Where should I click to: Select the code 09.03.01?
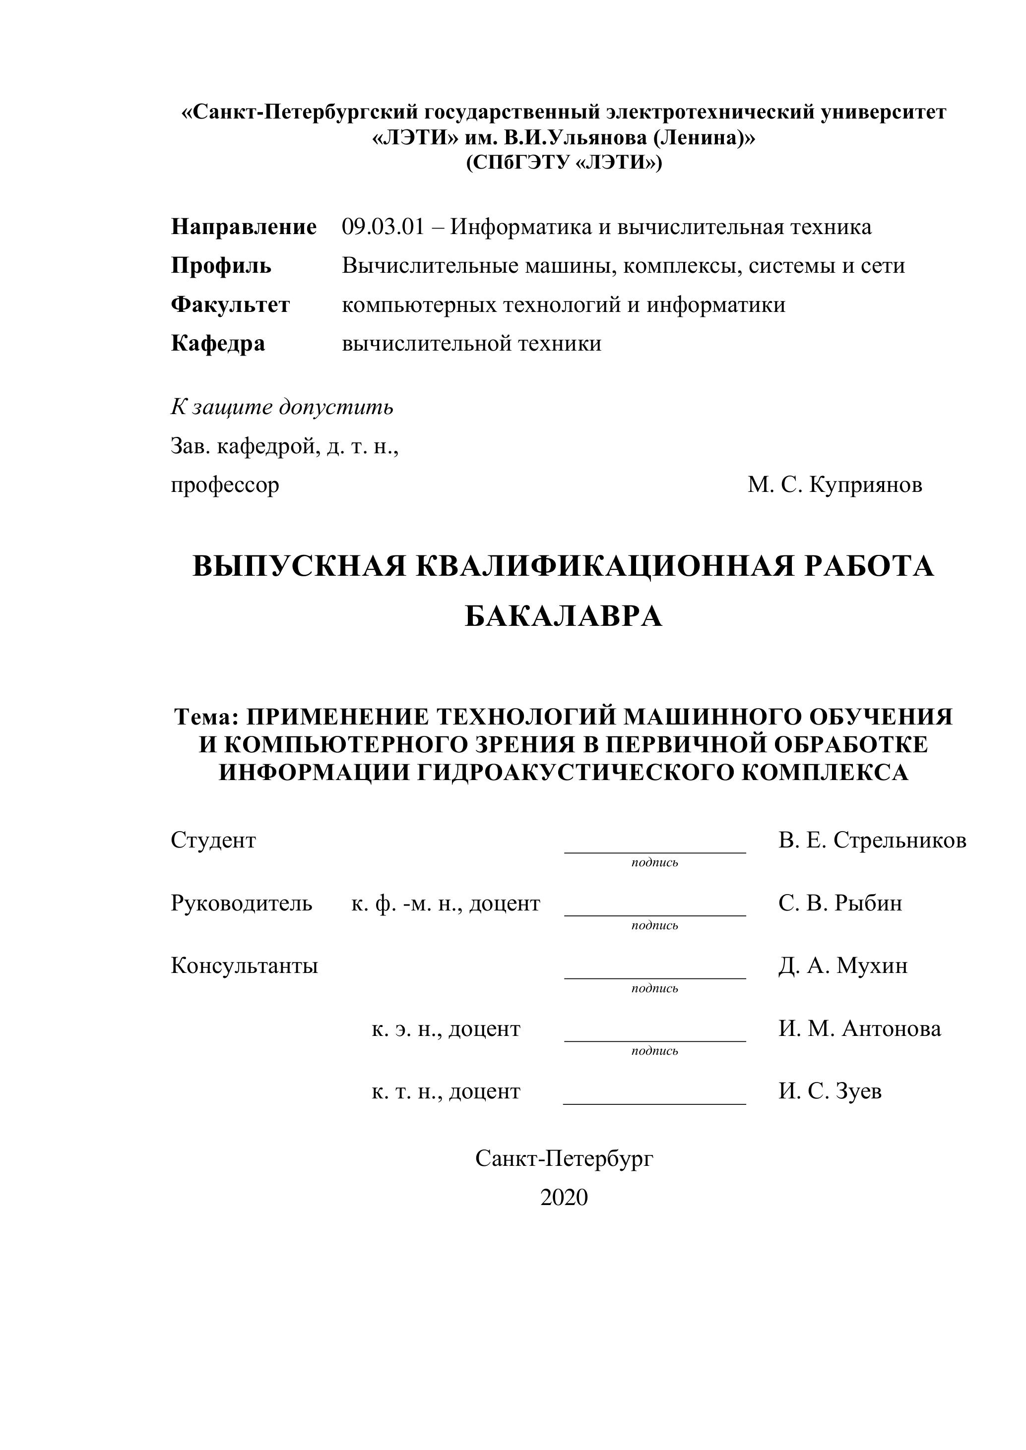(383, 227)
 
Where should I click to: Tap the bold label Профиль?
(221, 265)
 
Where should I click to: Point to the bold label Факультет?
(230, 304)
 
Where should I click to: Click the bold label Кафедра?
(218, 344)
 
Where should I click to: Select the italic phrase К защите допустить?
(282, 407)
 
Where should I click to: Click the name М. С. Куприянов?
(834, 485)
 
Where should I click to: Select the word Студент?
(213, 841)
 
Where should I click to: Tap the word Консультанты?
(244, 966)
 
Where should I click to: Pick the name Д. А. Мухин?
(843, 966)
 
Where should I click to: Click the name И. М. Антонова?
(859, 1029)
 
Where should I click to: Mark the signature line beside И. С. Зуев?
(654, 1103)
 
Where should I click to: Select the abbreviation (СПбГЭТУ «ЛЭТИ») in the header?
(564, 163)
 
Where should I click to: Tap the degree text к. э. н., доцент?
(446, 1029)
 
